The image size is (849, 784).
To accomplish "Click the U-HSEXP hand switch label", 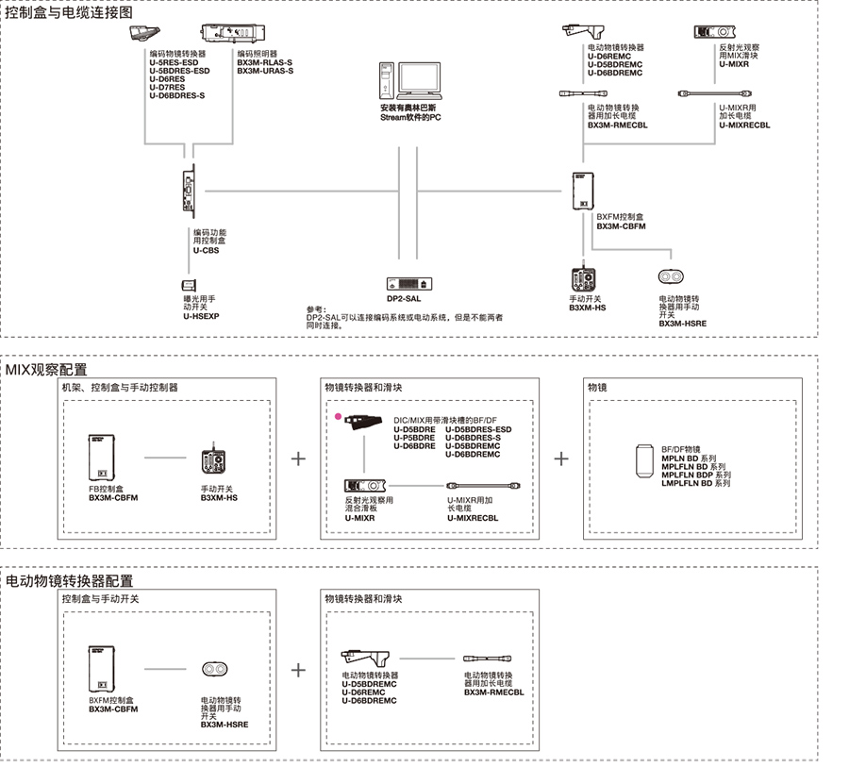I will tap(200, 316).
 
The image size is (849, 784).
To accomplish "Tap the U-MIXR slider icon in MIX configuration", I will tap(360, 485).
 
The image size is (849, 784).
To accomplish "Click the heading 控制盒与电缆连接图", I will tap(69, 12).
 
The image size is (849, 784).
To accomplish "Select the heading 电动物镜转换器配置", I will tap(70, 581).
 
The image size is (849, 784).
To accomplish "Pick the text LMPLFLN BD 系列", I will tap(696, 484).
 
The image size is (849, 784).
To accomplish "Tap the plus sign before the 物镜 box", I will tap(561, 459).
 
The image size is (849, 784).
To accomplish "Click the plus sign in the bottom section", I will tap(299, 670).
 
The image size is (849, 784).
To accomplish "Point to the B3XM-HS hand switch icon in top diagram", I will tap(582, 280).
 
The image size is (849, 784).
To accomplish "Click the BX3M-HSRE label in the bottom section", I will tap(225, 725).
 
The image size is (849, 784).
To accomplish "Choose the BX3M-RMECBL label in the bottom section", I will tap(493, 692).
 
